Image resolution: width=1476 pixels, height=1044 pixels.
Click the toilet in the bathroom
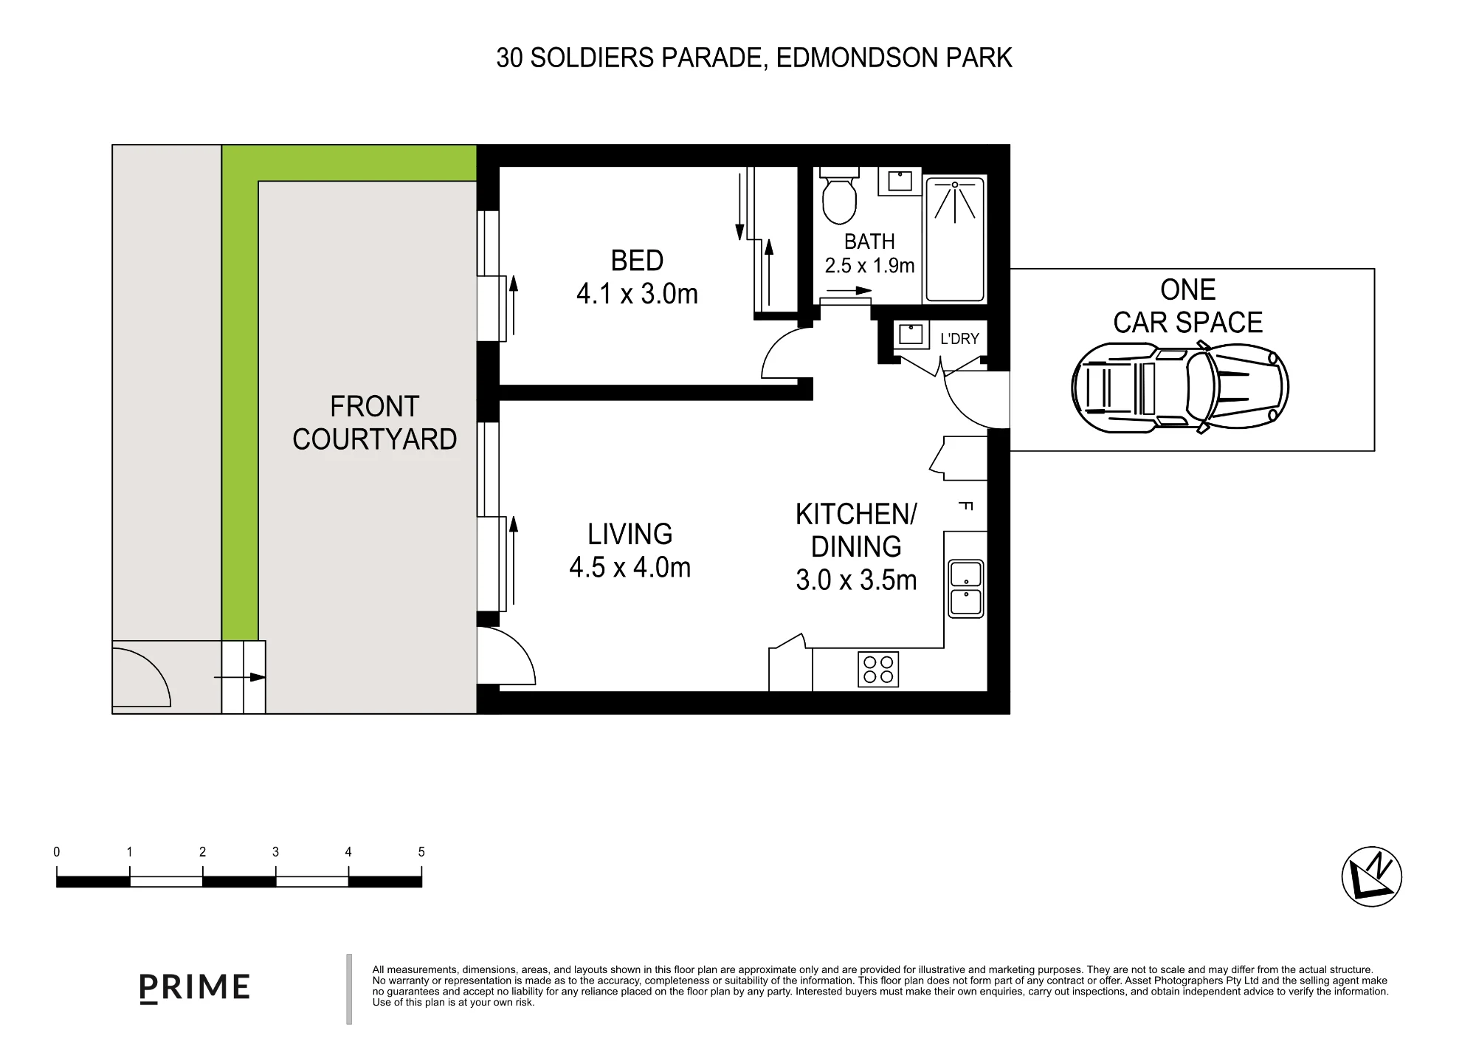(x=839, y=195)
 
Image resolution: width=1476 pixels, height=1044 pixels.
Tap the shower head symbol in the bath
(x=955, y=201)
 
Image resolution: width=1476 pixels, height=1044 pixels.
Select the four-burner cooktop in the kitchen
(x=878, y=670)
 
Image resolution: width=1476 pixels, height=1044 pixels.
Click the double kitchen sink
(x=965, y=588)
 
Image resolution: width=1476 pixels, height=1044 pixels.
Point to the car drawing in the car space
(x=1179, y=387)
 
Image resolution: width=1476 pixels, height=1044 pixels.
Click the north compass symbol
(x=1371, y=876)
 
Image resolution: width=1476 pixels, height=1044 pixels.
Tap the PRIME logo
(x=195, y=988)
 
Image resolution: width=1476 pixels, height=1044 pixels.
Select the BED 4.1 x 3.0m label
(x=637, y=278)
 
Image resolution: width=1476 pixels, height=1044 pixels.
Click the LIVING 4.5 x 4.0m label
(x=630, y=551)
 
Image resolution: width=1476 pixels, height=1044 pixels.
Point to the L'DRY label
(x=959, y=339)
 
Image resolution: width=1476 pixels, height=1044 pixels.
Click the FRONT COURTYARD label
(x=375, y=423)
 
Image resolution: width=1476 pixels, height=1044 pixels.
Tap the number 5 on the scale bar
(x=421, y=852)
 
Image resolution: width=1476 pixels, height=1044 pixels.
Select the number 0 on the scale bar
(x=57, y=852)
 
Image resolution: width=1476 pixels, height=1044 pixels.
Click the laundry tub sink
(x=911, y=334)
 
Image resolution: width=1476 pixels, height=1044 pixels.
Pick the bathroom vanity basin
(x=900, y=181)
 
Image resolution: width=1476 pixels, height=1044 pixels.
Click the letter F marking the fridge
(x=965, y=506)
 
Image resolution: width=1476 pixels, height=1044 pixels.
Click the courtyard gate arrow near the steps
(x=240, y=677)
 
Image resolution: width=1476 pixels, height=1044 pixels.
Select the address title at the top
(x=754, y=58)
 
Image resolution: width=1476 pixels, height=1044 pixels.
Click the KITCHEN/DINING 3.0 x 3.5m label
(x=856, y=547)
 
